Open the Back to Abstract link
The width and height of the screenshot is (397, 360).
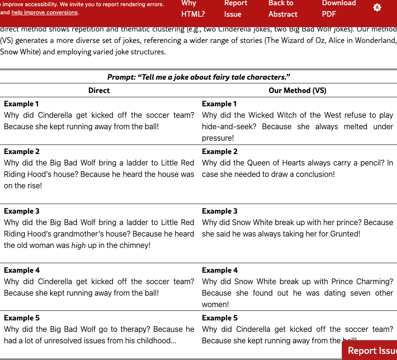coord(282,9)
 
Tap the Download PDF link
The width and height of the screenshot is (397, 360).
coord(338,9)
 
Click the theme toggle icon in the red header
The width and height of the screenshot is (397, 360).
coord(377,8)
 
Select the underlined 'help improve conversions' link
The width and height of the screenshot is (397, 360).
coord(44,12)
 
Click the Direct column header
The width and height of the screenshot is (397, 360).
coord(99,90)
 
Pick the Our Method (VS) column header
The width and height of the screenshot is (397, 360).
coord(297,90)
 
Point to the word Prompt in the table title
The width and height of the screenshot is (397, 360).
coord(121,77)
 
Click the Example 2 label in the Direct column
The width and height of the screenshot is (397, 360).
coord(22,151)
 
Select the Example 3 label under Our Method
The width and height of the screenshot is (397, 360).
coord(219,211)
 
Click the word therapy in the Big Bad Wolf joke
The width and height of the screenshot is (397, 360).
coord(157,329)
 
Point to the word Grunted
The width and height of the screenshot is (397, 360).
coord(345,234)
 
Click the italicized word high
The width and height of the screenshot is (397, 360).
coord(78,245)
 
